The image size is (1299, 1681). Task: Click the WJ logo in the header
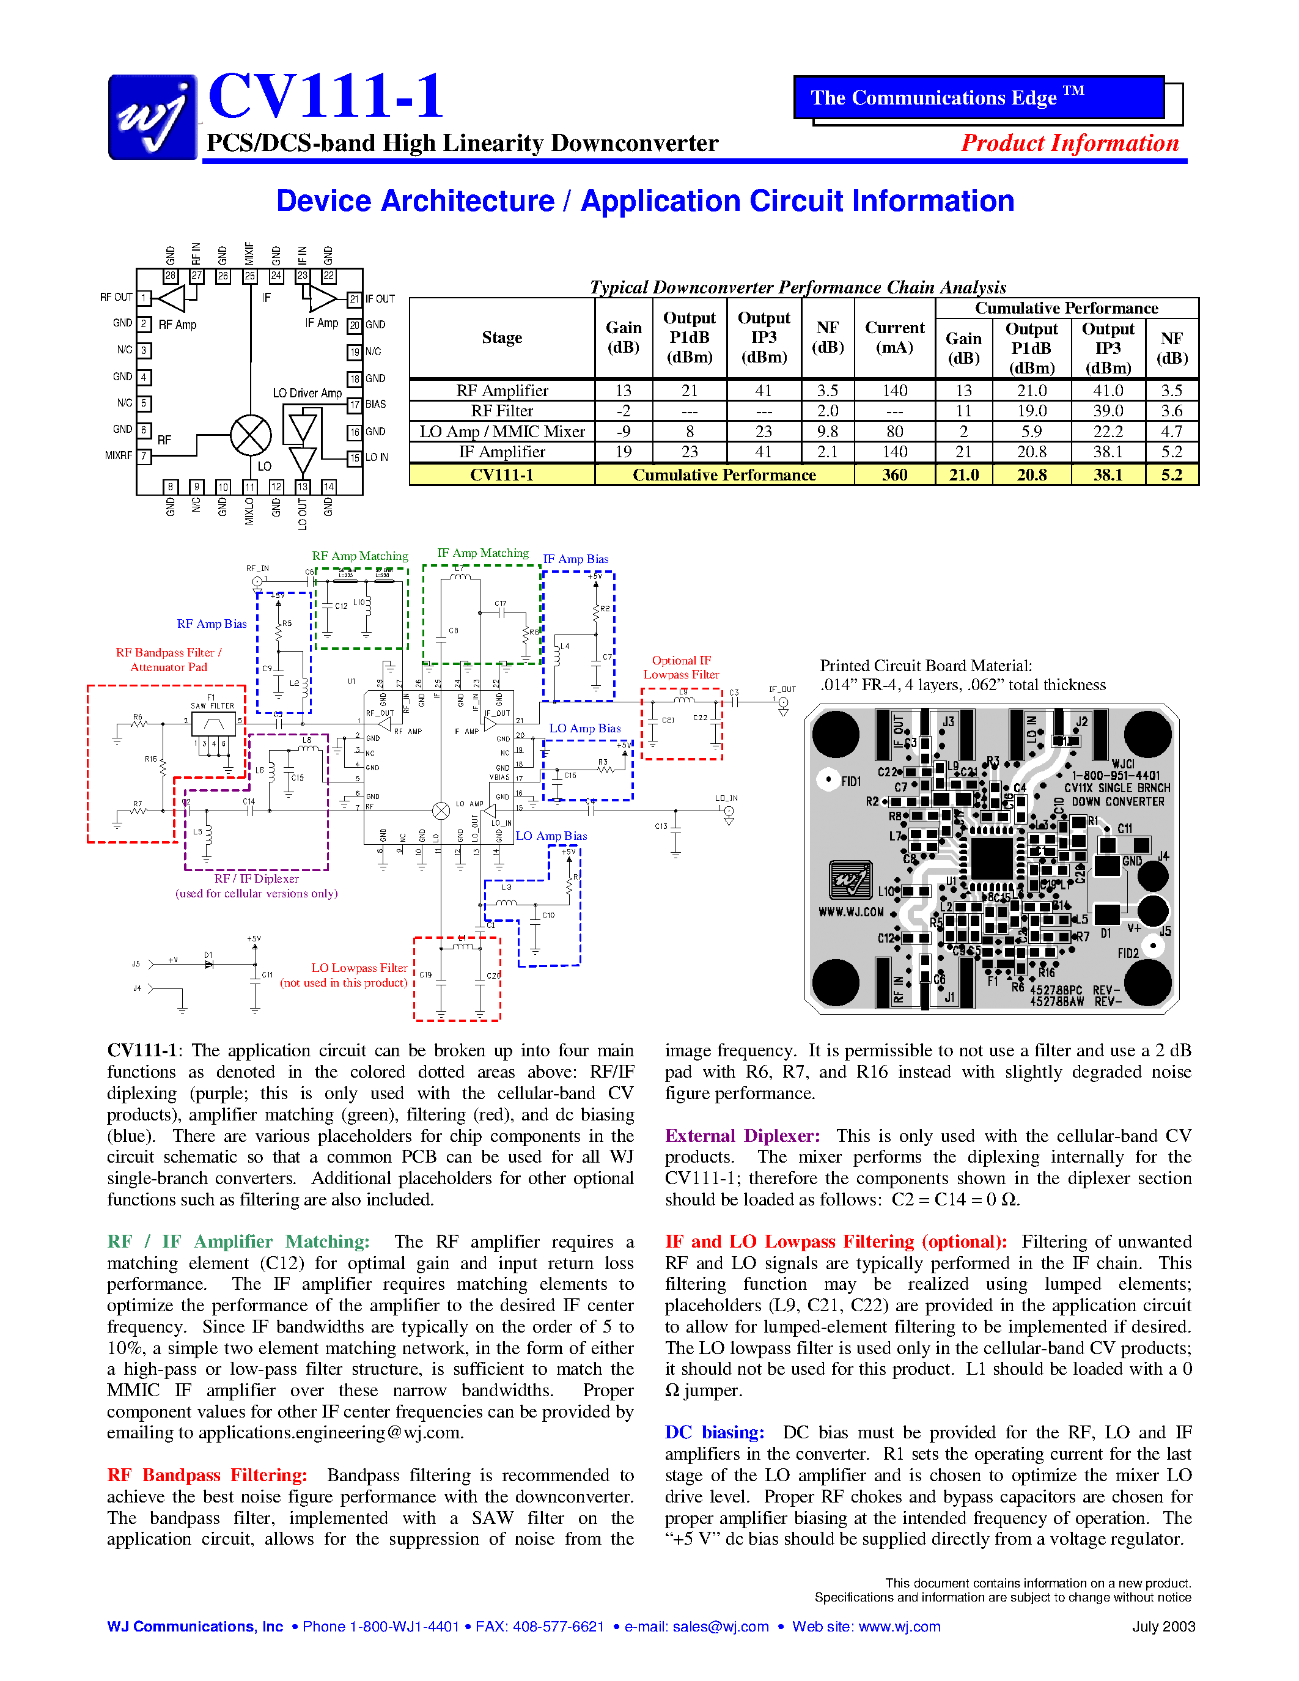(x=152, y=117)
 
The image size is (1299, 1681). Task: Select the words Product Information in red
(x=1069, y=143)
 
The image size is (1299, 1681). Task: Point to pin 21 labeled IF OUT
(x=354, y=299)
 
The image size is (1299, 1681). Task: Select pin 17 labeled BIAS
(x=354, y=405)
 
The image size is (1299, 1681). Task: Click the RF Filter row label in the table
(x=502, y=411)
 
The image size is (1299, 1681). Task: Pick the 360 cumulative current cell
(x=894, y=475)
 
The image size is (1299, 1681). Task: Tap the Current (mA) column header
(x=894, y=337)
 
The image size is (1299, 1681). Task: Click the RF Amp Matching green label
(x=359, y=556)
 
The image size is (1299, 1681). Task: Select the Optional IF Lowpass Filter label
(x=681, y=668)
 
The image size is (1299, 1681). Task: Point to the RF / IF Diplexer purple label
(x=256, y=879)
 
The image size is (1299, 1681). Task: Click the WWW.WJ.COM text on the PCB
(x=850, y=912)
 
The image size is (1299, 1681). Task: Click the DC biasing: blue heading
(x=714, y=1432)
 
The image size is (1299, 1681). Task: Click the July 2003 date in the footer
(x=1163, y=1627)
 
